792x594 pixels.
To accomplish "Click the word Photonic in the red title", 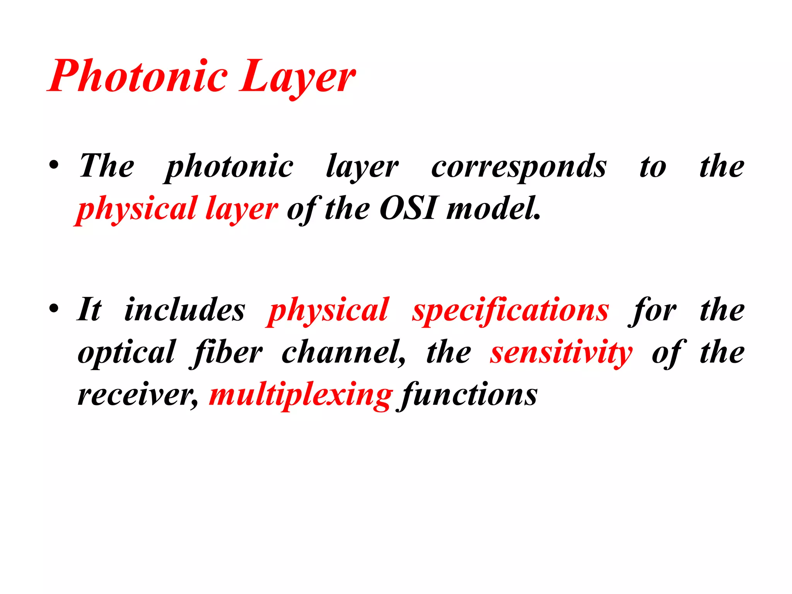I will click(x=138, y=76).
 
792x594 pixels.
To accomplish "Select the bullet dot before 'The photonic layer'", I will click(x=54, y=167).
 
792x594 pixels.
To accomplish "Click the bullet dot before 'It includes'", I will click(x=54, y=309).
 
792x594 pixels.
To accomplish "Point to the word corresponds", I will click(x=519, y=167).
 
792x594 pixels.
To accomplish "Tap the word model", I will click(x=493, y=209).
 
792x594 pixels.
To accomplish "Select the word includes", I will click(x=185, y=310).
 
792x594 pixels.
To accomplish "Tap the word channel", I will click(x=343, y=353).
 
